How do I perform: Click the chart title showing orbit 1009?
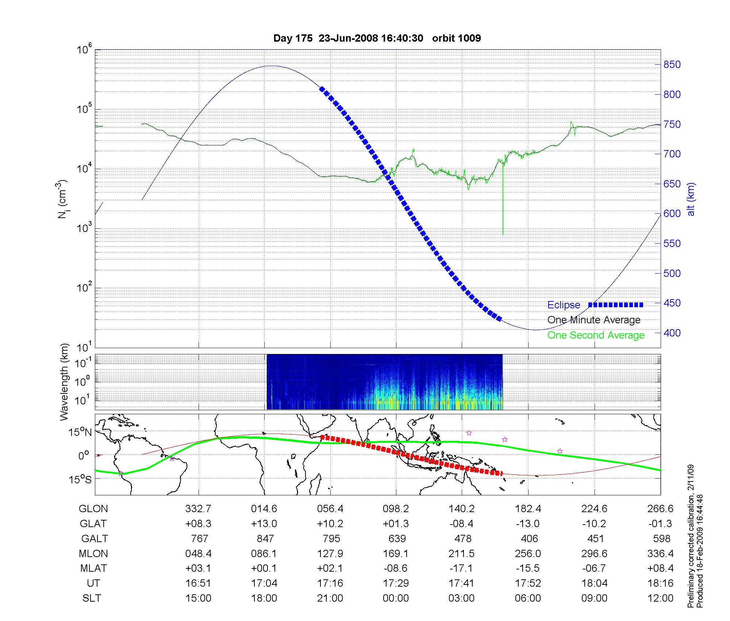click(377, 38)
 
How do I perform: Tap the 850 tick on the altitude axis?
click(672, 65)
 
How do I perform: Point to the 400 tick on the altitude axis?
click(672, 333)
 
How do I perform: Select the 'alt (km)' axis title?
click(691, 199)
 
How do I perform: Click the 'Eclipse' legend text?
click(564, 305)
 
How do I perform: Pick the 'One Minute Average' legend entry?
click(594, 320)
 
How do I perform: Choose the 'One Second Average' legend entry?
click(596, 335)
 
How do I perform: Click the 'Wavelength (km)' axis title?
click(65, 382)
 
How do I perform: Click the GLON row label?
click(93, 509)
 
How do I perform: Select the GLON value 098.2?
click(396, 509)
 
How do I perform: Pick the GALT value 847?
click(265, 539)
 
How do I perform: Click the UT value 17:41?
click(462, 583)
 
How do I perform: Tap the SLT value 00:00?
click(396, 598)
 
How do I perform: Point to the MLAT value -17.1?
click(462, 568)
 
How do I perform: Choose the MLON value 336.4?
click(660, 554)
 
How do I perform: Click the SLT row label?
click(92, 598)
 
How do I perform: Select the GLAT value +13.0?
click(264, 524)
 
